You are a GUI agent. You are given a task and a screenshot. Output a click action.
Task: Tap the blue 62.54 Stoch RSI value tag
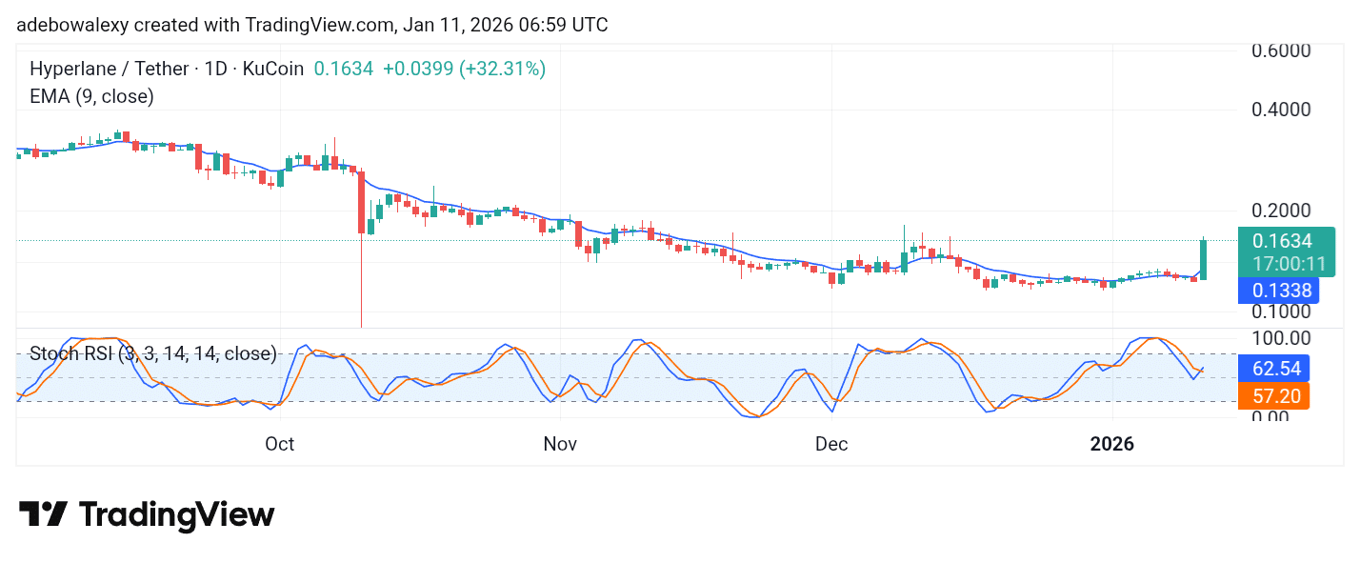[1273, 368]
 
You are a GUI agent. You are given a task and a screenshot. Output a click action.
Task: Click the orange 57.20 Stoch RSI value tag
[1273, 395]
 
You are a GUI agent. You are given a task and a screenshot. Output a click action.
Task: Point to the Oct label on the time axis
[280, 444]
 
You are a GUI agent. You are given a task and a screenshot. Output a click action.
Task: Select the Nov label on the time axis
[561, 444]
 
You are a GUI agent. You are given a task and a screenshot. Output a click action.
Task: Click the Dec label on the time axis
[831, 444]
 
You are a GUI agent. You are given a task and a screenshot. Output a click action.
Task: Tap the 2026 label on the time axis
[1112, 444]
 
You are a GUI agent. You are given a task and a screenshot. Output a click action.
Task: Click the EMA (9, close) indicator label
[91, 96]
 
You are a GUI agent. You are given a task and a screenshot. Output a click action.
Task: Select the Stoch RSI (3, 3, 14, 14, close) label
[153, 354]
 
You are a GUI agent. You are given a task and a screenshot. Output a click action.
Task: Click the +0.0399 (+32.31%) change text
[464, 69]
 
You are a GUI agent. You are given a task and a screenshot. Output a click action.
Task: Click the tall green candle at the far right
[1204, 259]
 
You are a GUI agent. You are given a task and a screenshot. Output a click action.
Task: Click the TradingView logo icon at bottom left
[43, 514]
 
